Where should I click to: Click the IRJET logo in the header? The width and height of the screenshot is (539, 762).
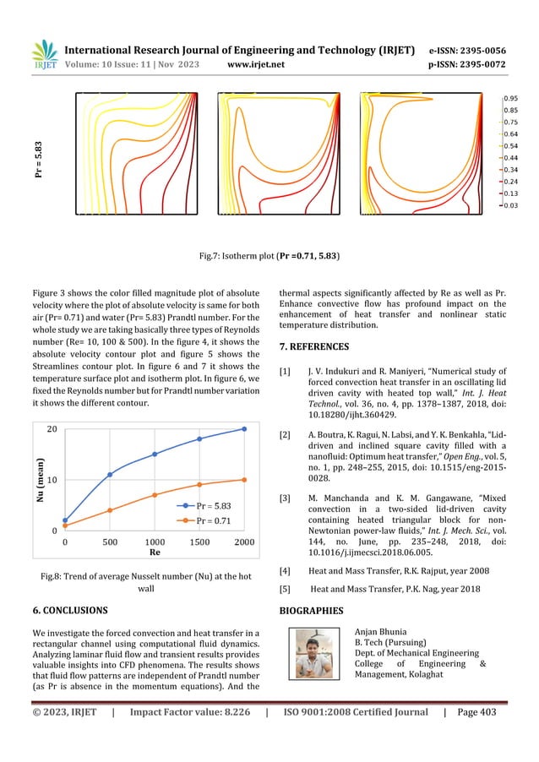[43, 54]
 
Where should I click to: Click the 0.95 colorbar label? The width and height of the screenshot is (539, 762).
[511, 98]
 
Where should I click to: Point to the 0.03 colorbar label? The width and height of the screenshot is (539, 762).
[511, 204]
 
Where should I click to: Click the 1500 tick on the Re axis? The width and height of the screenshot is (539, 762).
[199, 542]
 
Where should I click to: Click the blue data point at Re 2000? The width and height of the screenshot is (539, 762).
[244, 429]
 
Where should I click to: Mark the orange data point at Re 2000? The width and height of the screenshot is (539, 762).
[244, 480]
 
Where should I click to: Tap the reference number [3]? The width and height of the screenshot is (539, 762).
[286, 498]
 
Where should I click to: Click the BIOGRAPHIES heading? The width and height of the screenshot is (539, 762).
[311, 609]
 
